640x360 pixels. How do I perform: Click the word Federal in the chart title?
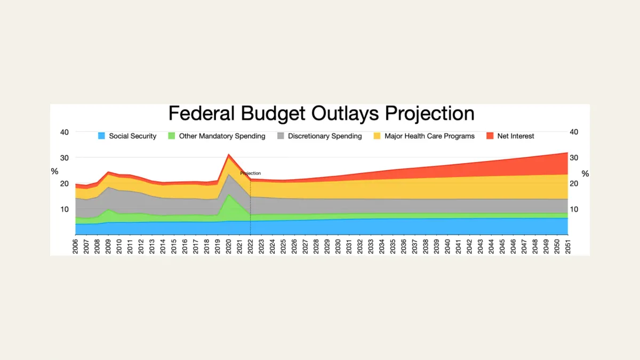pyautogui.click(x=202, y=113)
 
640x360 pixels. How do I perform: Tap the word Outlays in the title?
pyautogui.click(x=345, y=114)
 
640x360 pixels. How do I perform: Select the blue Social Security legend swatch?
pyautogui.click(x=101, y=136)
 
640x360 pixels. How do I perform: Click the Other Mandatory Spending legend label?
pyautogui.click(x=222, y=136)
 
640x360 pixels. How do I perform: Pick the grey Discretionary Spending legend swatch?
pyautogui.click(x=281, y=136)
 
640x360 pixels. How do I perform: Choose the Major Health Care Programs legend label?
pyautogui.click(x=429, y=136)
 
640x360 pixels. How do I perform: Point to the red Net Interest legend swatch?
pyautogui.click(x=490, y=136)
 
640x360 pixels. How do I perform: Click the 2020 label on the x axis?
pyautogui.click(x=229, y=246)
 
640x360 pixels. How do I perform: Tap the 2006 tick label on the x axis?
pyautogui.click(x=75, y=246)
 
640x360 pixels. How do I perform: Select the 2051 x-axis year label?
pyautogui.click(x=568, y=246)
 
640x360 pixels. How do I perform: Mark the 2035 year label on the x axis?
pyautogui.click(x=393, y=246)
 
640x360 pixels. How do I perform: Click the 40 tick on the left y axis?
pyautogui.click(x=65, y=132)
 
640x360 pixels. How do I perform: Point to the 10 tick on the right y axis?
pyautogui.click(x=574, y=209)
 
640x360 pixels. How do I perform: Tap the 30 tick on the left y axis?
pyautogui.click(x=65, y=158)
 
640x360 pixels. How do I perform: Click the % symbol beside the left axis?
pyautogui.click(x=54, y=171)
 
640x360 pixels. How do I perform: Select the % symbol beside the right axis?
pyautogui.click(x=585, y=174)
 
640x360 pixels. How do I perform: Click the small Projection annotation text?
pyautogui.click(x=250, y=173)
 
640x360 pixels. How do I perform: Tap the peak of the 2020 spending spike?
pyautogui.click(x=229, y=154)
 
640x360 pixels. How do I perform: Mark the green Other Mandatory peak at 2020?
pyautogui.click(x=229, y=195)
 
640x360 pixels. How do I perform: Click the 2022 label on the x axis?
pyautogui.click(x=250, y=246)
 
